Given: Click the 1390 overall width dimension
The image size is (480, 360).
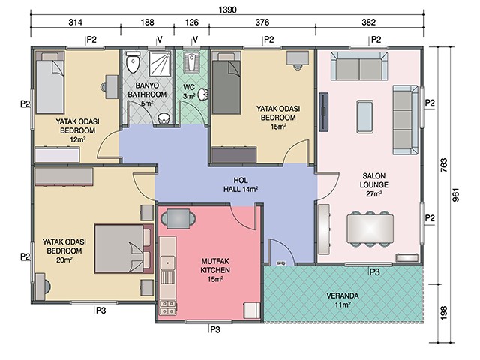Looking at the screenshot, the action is point(227,10).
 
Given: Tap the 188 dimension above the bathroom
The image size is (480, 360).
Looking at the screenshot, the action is point(147,22).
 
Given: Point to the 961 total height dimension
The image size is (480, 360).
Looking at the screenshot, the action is point(456,195).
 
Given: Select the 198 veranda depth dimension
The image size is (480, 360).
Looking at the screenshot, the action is point(443,313).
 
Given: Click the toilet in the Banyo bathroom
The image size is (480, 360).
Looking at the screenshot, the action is point(133,61).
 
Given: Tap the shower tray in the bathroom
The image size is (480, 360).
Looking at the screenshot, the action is point(160,64).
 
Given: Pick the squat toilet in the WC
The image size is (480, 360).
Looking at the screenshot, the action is point(192,62).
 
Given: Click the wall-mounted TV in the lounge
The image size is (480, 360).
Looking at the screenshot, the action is point(323,112).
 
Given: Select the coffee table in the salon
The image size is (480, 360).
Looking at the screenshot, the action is point(364,117).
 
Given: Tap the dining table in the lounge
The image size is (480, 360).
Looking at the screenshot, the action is point(370,229).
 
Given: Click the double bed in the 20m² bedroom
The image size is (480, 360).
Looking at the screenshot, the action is point(123,248).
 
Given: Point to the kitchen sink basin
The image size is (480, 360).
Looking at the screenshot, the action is point(167,262).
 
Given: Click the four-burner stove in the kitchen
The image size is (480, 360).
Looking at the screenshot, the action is point(167,307).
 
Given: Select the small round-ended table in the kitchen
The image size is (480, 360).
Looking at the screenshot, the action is point(178,219).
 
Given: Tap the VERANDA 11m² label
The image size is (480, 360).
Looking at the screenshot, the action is point(343,300).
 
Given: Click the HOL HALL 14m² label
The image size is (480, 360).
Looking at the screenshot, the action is point(241,185).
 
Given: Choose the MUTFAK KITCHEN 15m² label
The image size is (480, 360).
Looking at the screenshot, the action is point(215,270).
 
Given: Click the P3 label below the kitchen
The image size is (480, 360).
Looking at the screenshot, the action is point(215,329).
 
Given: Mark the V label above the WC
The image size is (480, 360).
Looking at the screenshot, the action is point(195,40).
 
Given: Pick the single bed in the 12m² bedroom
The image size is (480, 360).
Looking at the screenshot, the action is point(50,82).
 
